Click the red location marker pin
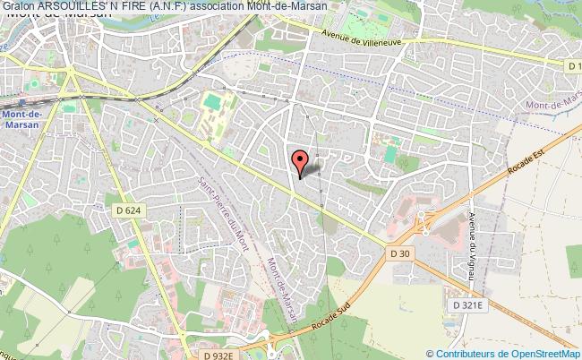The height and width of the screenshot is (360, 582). click(x=301, y=161)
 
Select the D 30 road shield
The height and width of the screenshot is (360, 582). click(x=399, y=253)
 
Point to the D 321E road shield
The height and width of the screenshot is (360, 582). click(x=469, y=305)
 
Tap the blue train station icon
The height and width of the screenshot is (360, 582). click(x=43, y=104)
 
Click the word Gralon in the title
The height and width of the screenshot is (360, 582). click(x=20, y=6)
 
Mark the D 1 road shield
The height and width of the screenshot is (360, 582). click(x=573, y=65)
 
